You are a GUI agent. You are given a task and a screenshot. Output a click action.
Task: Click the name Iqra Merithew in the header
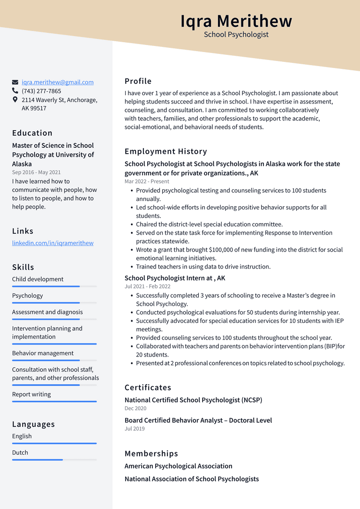[236, 21]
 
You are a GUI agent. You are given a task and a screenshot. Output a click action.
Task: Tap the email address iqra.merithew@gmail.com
[58, 82]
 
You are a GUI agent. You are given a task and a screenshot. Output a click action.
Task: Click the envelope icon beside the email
[15, 82]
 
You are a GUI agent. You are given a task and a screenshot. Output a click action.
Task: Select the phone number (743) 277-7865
[41, 91]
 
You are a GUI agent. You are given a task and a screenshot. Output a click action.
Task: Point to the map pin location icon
[15, 100]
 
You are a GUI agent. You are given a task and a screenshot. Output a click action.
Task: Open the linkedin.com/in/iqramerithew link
[52, 243]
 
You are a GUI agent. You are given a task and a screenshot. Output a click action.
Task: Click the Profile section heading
[138, 81]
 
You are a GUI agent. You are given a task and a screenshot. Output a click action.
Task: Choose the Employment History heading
[165, 151]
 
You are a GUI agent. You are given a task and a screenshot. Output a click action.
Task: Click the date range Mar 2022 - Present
[147, 181]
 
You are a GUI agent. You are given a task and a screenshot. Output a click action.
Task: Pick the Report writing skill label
[31, 394]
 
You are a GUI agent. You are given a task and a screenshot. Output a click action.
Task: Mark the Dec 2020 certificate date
[135, 408]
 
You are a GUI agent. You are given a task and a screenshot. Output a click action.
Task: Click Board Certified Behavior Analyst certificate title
[198, 420]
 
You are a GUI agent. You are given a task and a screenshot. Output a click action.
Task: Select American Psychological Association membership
[178, 466]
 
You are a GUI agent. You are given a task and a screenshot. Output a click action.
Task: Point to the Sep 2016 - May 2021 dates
[37, 172]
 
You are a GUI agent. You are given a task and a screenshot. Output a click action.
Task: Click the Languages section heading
[33, 424]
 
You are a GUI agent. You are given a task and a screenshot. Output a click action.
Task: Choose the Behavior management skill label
[43, 353]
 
